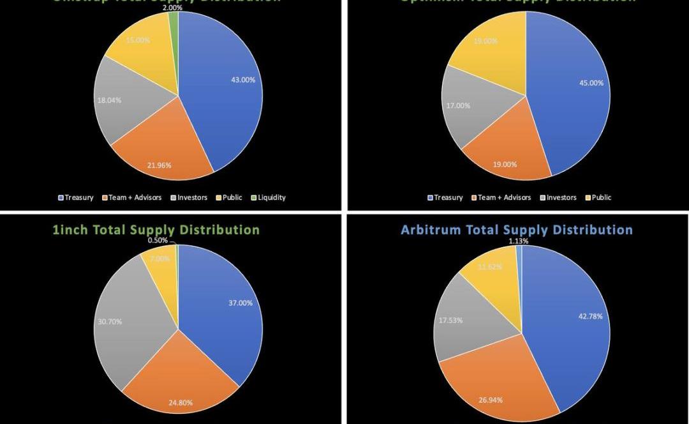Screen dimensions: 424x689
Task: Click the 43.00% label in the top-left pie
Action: click(243, 80)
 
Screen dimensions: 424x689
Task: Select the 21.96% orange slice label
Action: click(159, 165)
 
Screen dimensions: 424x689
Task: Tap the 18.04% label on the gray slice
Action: click(109, 100)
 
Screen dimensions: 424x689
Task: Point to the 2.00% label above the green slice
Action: click(172, 8)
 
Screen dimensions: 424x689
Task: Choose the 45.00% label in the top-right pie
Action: click(591, 82)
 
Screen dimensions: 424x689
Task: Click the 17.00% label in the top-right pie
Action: click(457, 105)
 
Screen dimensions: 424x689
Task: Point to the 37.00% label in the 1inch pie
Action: click(240, 303)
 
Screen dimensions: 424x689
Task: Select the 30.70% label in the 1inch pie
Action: click(110, 321)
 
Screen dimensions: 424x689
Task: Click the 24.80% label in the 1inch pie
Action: click(181, 403)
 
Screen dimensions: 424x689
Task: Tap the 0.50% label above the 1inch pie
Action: click(158, 240)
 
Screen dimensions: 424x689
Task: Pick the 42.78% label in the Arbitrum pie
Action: click(590, 316)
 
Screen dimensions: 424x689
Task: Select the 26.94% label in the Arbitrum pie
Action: click(491, 400)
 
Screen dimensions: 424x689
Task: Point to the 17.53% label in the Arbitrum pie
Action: click(451, 320)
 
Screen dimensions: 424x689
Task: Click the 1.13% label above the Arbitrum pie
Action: click(519, 241)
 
